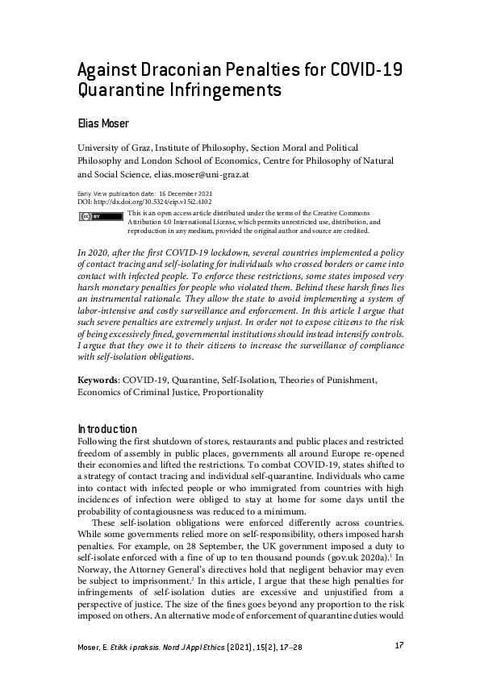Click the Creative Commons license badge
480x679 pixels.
pyautogui.click(x=90, y=217)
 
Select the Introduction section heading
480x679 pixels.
pyautogui.click(x=106, y=429)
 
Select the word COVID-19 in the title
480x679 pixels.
pyautogui.click(x=367, y=69)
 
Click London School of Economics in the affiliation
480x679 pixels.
pyautogui.click(x=208, y=160)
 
